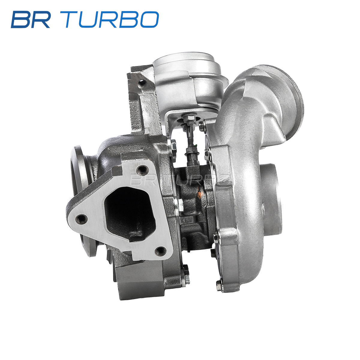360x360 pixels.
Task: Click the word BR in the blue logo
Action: pyautogui.click(x=30, y=19)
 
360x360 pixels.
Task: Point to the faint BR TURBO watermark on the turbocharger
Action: pyautogui.click(x=179, y=179)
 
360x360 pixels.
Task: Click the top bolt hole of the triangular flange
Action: pyautogui.click(x=142, y=169)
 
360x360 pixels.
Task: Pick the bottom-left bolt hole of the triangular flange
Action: pyautogui.click(x=82, y=218)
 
